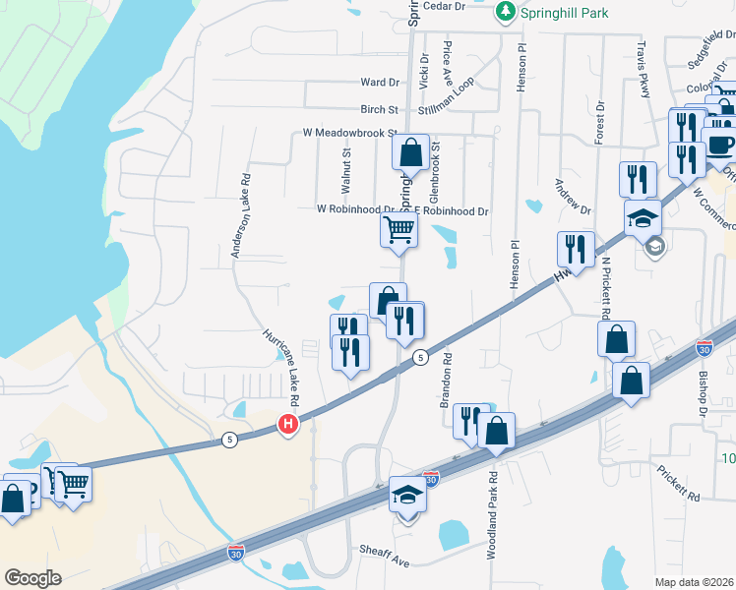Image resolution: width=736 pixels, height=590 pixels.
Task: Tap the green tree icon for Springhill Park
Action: coord(505,12)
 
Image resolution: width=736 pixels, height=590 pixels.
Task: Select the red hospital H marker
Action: coord(287,425)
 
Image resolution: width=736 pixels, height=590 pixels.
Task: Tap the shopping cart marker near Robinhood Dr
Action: coord(399,231)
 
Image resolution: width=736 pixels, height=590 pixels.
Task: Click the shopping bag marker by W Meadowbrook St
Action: coord(410,153)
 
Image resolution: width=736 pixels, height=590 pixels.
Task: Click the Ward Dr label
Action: coord(380,83)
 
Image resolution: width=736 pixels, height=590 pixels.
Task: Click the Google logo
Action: coord(32,578)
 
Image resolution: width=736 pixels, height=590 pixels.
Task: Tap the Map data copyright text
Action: coord(695,582)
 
